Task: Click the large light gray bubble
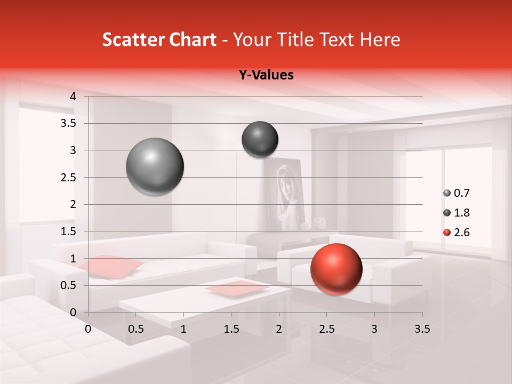155,166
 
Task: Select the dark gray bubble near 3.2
260,139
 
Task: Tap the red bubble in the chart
336,269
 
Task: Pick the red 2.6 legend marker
447,233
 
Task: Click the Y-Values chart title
266,75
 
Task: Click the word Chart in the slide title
194,39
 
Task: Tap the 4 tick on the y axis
73,97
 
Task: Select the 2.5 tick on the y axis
68,178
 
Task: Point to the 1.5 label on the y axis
68,231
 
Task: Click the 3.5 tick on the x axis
422,329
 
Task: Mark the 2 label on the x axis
279,329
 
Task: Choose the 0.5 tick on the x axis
136,329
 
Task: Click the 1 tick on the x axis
183,329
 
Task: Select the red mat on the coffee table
237,288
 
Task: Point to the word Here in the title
380,39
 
